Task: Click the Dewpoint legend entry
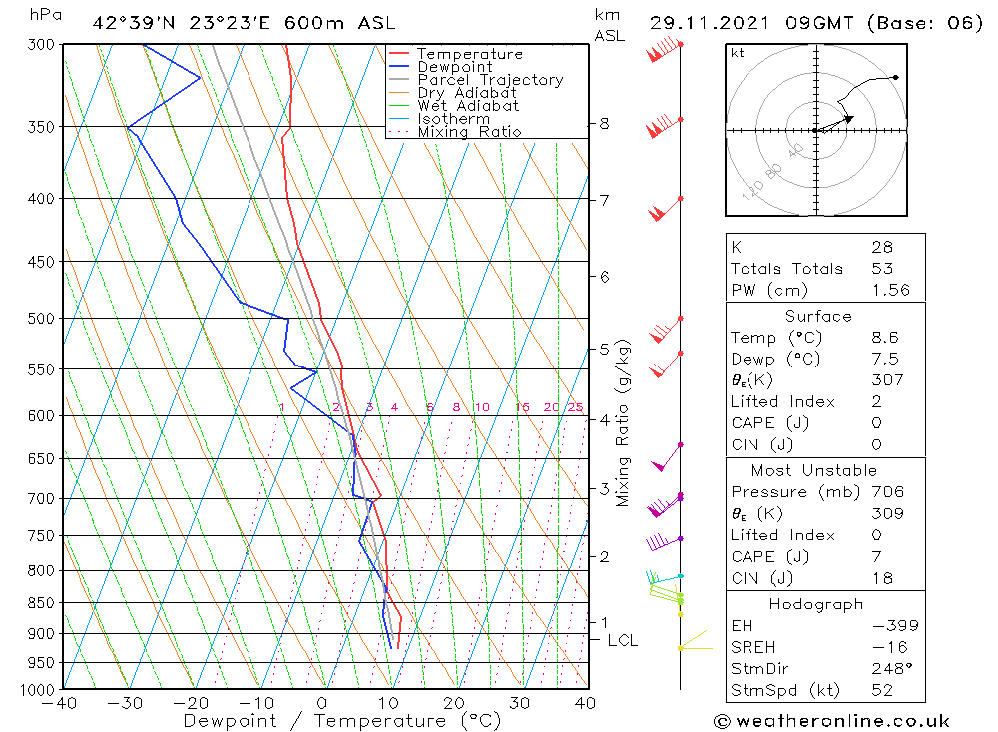point(454,67)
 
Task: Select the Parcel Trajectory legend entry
point(490,80)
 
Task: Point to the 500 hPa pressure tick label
point(40,319)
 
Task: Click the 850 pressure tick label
point(40,603)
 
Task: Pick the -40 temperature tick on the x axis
point(62,703)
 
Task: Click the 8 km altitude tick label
point(604,123)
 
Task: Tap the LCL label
point(622,640)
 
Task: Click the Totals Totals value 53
point(882,268)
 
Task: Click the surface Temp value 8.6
point(884,338)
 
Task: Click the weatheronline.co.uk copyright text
point(831,721)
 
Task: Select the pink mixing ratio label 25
point(575,407)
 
